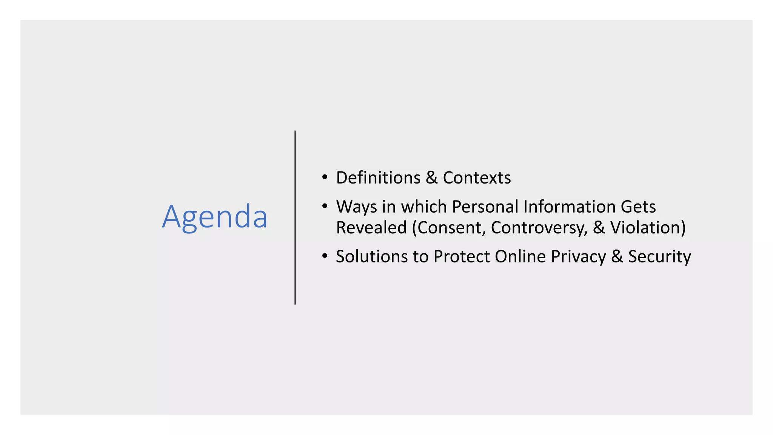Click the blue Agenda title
[x=215, y=217]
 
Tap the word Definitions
[x=378, y=177]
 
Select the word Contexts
[x=477, y=177]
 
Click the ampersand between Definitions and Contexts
[x=431, y=177]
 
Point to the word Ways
[x=357, y=207]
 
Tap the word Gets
[x=638, y=207]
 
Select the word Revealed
[x=371, y=227]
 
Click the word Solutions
[x=372, y=256]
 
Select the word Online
[x=520, y=256]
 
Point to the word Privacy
[x=578, y=257]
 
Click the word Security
[x=659, y=257]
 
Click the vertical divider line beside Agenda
[x=295, y=217]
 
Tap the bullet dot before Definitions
[x=325, y=177]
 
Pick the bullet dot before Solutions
[x=325, y=256]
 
